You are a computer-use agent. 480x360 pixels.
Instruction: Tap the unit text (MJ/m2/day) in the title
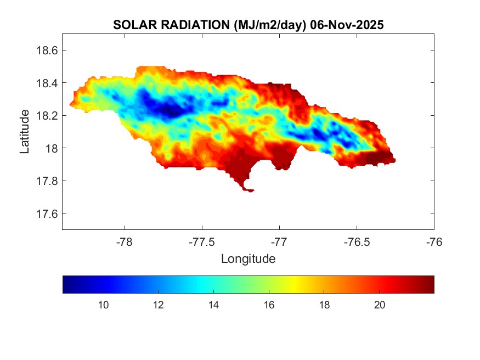point(269,25)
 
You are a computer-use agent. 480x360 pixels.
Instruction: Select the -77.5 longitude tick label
point(202,241)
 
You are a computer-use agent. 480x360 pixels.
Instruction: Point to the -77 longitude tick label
point(279,241)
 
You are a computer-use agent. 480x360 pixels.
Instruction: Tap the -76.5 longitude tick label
point(357,241)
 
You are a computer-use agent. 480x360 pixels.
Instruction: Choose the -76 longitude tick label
point(434,241)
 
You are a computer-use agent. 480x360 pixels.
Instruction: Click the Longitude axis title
point(248,258)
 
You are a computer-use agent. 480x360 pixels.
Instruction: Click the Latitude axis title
point(25,132)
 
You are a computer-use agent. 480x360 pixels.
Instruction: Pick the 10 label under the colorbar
point(103,305)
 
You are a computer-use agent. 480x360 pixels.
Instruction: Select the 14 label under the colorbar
point(213,305)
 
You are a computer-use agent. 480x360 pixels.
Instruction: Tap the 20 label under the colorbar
point(379,305)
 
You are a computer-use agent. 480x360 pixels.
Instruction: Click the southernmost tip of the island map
point(250,191)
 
